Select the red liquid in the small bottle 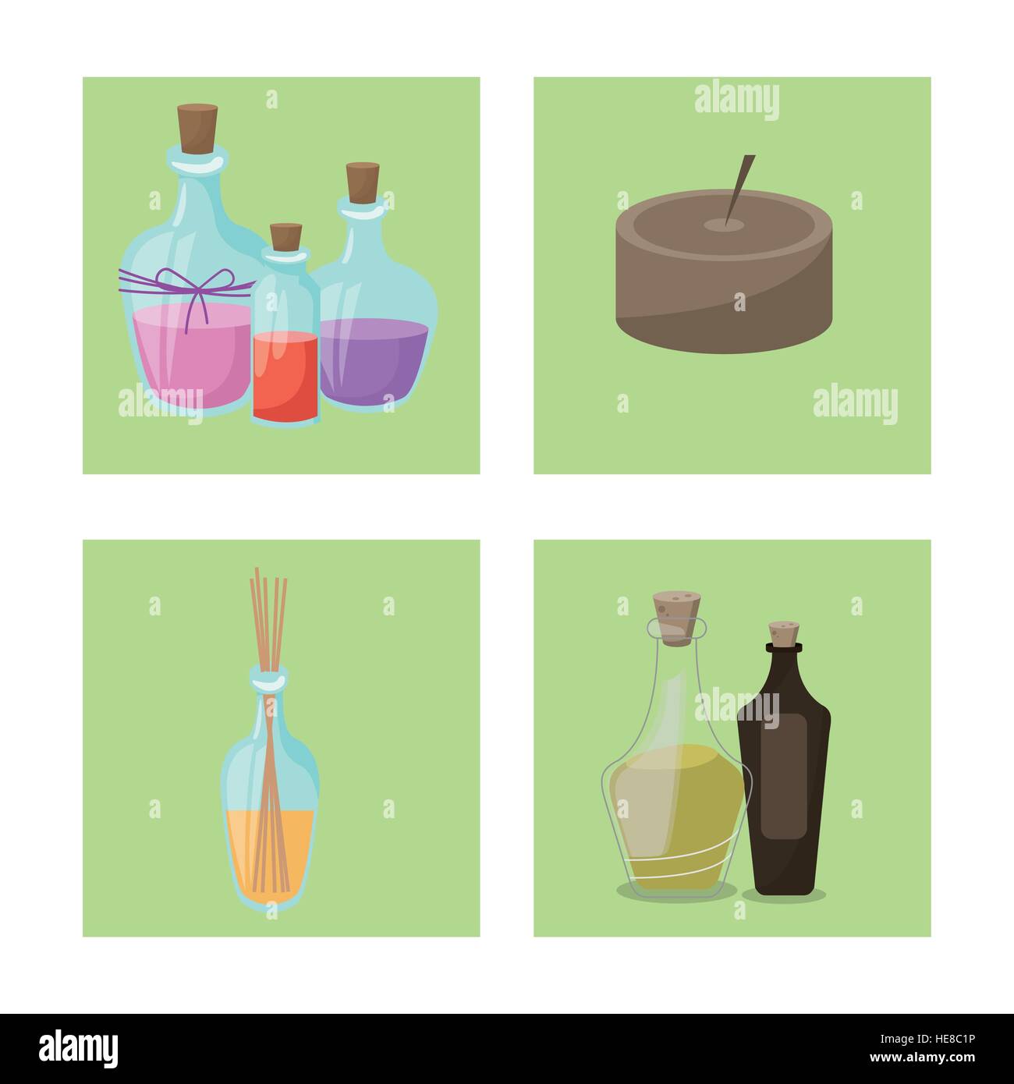pos(285,374)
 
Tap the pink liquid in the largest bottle pos(187,351)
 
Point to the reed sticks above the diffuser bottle pos(269,616)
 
